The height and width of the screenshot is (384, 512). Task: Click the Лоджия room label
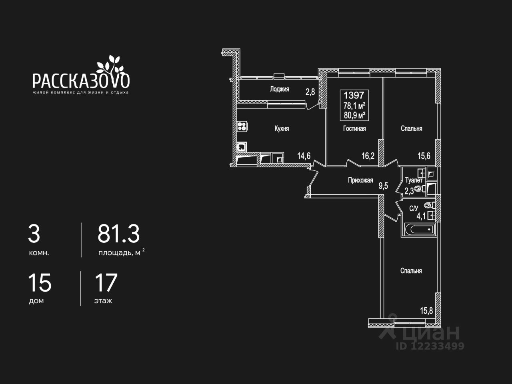[279, 89]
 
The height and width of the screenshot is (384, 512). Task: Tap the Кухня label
[282, 128]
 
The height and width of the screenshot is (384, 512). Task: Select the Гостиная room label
[354, 128]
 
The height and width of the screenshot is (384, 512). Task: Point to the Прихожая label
[360, 180]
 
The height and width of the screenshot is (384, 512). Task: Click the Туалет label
[414, 180]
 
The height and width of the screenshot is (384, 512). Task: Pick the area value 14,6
[304, 156]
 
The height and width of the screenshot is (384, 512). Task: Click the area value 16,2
[368, 156]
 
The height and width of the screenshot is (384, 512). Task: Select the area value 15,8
[426, 310]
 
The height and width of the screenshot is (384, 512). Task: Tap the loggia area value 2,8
[310, 92]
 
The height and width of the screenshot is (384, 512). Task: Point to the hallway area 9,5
[383, 185]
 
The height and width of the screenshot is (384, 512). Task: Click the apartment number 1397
[354, 95]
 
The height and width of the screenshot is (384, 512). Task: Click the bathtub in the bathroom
[418, 230]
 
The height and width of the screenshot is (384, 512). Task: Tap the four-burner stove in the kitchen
[242, 127]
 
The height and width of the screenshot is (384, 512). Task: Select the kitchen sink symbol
[241, 147]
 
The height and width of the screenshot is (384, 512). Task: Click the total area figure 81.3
[119, 234]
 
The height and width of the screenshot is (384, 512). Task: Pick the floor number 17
[106, 282]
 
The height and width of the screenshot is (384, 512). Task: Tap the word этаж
[103, 301]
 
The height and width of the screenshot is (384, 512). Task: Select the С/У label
[414, 208]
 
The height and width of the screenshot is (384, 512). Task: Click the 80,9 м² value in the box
[354, 115]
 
